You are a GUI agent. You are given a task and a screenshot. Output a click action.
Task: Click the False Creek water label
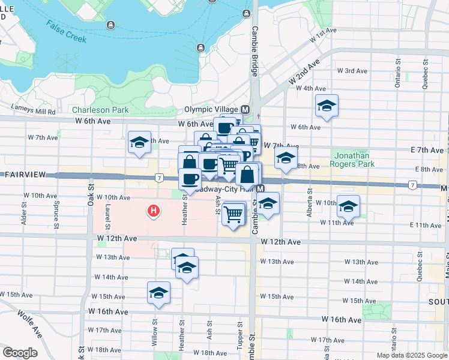click(x=67, y=31)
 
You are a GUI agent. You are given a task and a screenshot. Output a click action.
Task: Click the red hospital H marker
click(x=154, y=211)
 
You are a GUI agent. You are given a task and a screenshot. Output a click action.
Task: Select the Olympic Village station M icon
click(x=245, y=110)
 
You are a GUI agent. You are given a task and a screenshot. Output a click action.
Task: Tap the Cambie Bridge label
click(x=255, y=51)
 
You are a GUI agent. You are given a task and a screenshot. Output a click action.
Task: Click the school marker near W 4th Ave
click(x=327, y=106)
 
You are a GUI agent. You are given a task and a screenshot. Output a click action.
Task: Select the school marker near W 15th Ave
click(x=158, y=293)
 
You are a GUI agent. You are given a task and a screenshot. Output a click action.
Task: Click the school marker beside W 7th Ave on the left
click(x=139, y=143)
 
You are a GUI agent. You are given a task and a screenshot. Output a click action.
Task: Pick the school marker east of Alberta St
click(x=348, y=207)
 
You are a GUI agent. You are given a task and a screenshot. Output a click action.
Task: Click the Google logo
click(x=20, y=353)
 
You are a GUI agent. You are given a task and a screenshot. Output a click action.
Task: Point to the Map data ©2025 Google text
click(x=411, y=355)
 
